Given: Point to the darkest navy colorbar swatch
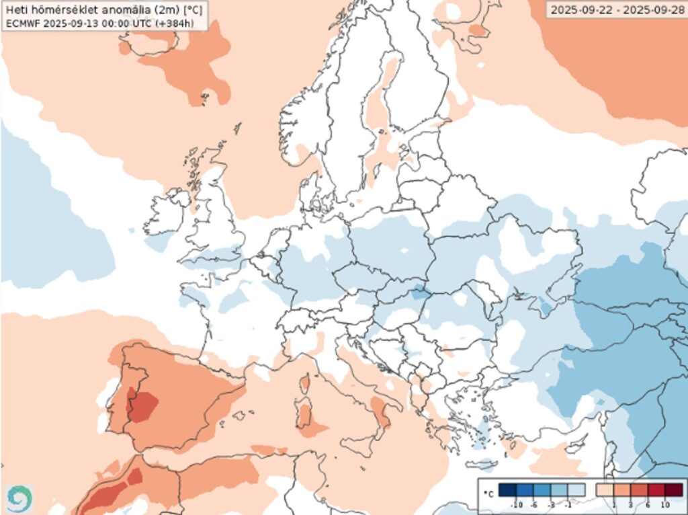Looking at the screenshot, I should tap(508, 490).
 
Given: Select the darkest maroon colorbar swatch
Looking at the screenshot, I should tap(673, 490).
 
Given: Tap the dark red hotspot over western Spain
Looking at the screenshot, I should tap(142, 405).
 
